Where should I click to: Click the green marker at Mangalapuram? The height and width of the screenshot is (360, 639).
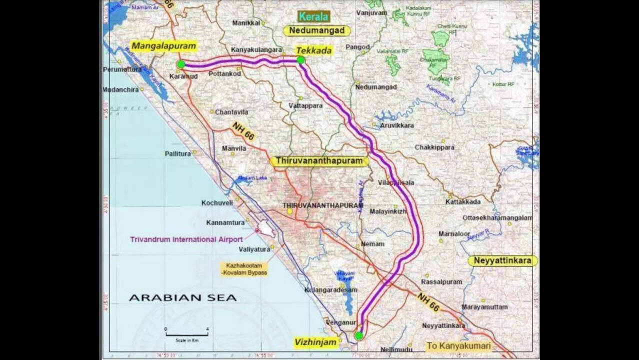[x=180, y=64]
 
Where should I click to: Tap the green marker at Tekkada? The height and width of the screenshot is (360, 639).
[x=300, y=60]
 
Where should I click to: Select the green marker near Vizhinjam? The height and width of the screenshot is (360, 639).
[x=359, y=336]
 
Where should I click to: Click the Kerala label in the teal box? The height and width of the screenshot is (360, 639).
[x=314, y=16]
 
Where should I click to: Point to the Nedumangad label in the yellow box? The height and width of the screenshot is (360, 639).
[x=317, y=30]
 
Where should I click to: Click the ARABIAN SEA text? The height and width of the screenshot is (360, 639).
[x=182, y=298]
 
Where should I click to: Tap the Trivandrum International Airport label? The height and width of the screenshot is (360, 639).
[x=186, y=239]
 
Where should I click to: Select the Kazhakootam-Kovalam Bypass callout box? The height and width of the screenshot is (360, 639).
[x=244, y=269]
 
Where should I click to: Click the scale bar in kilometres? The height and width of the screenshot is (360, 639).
[x=186, y=334]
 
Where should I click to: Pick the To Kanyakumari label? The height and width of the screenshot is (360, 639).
[x=458, y=346]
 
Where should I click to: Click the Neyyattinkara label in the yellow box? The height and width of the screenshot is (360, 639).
[x=502, y=261]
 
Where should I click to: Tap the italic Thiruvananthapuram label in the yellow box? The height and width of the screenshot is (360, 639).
[x=319, y=161]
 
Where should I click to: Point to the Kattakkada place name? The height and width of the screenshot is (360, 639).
[x=463, y=202]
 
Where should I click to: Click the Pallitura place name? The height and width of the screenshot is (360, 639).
[x=178, y=153]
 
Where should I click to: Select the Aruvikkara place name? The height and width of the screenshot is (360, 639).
[x=396, y=125]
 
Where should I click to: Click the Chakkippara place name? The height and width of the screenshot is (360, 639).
[x=434, y=147]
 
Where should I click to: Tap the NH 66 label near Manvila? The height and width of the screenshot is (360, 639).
[x=243, y=131]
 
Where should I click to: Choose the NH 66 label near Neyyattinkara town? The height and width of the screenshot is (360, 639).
[x=428, y=302]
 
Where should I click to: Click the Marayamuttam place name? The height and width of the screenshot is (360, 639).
[x=484, y=307]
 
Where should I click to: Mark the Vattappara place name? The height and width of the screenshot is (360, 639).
[x=305, y=106]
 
